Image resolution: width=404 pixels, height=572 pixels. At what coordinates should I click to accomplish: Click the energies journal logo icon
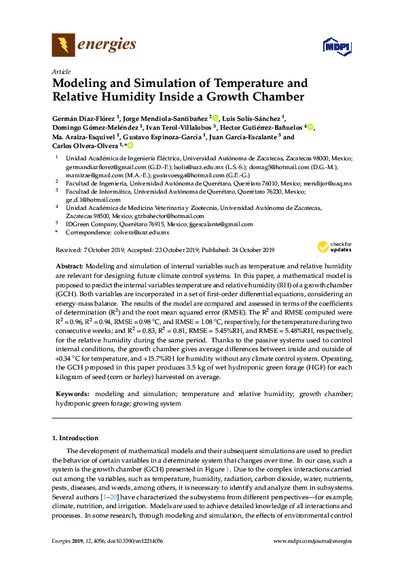[63, 46]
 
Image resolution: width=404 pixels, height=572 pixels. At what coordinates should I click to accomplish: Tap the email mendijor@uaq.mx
[329, 183]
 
